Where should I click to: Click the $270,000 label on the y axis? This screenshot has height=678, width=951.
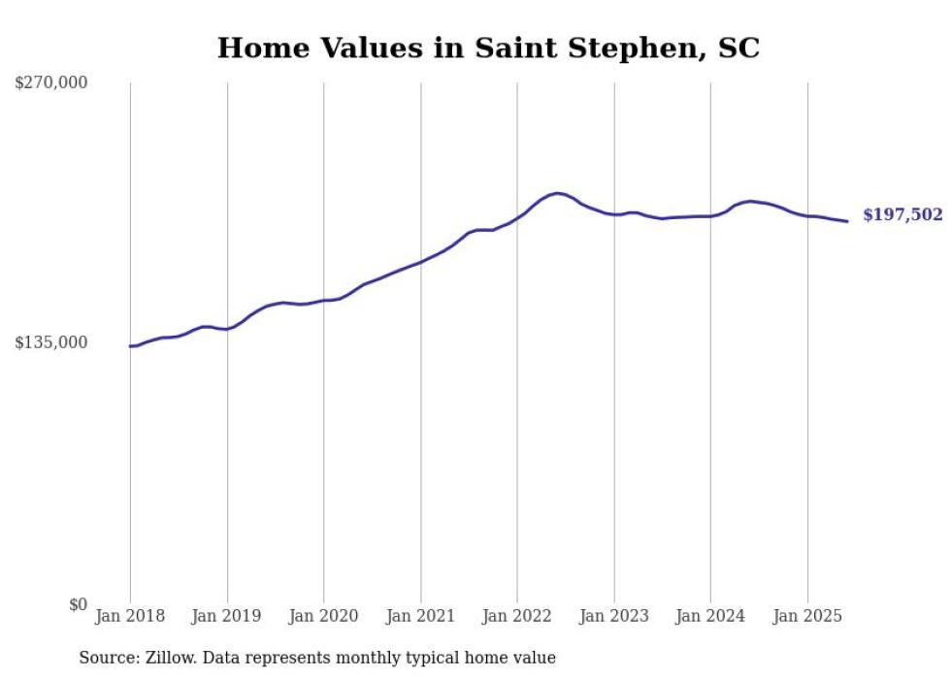50,83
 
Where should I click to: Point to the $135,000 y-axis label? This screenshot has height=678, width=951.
50,342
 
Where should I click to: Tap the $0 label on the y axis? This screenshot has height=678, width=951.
78,604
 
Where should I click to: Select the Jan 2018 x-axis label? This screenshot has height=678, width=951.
130,616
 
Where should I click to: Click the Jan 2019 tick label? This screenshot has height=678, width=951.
227,616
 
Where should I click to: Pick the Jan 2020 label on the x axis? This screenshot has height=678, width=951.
324,616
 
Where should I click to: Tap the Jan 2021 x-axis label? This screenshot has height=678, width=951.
420,616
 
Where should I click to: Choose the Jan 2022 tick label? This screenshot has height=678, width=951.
517,616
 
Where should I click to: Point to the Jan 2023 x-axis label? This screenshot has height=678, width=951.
614,616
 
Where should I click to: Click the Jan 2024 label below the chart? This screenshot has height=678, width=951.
710,616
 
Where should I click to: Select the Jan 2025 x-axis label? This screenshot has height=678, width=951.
807,616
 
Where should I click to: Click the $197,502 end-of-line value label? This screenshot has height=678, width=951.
902,215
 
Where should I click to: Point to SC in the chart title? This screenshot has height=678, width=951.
738,48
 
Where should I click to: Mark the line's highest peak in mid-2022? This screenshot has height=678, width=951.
557,193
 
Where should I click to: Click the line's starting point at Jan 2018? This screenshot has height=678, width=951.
131,346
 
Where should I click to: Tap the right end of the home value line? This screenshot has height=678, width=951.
847,221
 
